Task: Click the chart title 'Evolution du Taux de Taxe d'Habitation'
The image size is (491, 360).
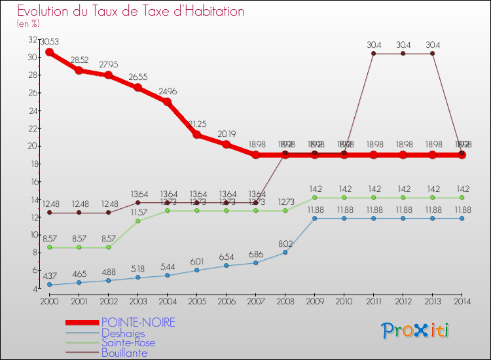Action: [x=130, y=11]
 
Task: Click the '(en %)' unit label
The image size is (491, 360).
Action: [x=28, y=24]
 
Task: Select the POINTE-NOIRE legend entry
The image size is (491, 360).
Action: [x=138, y=323]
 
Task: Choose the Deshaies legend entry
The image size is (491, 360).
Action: [x=123, y=333]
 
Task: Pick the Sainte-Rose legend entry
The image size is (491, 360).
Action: [x=128, y=343]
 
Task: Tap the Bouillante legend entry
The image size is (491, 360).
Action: [x=124, y=353]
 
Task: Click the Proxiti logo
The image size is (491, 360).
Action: [x=416, y=331]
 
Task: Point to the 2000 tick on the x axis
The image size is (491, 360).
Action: [x=49, y=301]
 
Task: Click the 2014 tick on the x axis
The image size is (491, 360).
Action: [x=462, y=301]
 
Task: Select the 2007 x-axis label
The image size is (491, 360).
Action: [x=255, y=301]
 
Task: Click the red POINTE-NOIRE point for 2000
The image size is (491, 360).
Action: [x=49, y=52]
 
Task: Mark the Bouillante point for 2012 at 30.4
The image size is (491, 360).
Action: [x=403, y=53]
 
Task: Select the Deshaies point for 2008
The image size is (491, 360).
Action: [x=285, y=252]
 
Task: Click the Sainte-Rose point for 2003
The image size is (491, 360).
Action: [x=137, y=221]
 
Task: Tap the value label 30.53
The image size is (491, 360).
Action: [x=50, y=42]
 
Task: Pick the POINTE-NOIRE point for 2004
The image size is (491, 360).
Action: [x=167, y=101]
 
